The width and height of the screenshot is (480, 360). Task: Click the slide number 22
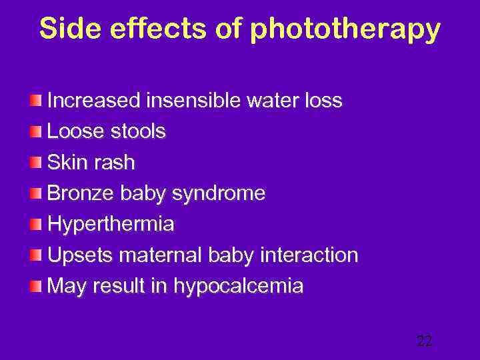point(424,341)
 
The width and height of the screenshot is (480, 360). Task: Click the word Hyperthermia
point(111,225)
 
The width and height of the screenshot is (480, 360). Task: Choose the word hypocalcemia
point(239,287)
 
